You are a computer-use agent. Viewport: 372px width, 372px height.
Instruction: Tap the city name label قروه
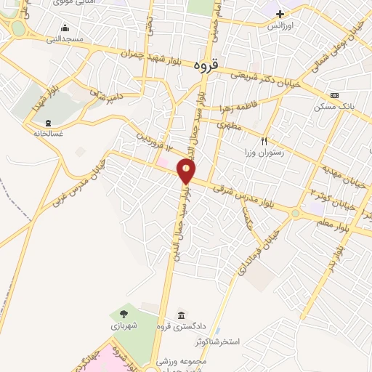point(207,65)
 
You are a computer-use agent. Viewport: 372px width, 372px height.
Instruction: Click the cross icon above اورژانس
point(280,14)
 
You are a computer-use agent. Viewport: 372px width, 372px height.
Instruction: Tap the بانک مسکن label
point(338,106)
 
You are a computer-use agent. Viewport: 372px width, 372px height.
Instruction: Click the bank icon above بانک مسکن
point(333,95)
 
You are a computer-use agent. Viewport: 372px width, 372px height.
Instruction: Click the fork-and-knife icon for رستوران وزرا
point(265,142)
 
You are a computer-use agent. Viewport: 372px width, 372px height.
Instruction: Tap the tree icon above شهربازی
point(124,315)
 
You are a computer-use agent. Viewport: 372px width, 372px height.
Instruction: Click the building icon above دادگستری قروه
point(180,315)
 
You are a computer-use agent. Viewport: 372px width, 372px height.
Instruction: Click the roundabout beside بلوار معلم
point(295,214)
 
